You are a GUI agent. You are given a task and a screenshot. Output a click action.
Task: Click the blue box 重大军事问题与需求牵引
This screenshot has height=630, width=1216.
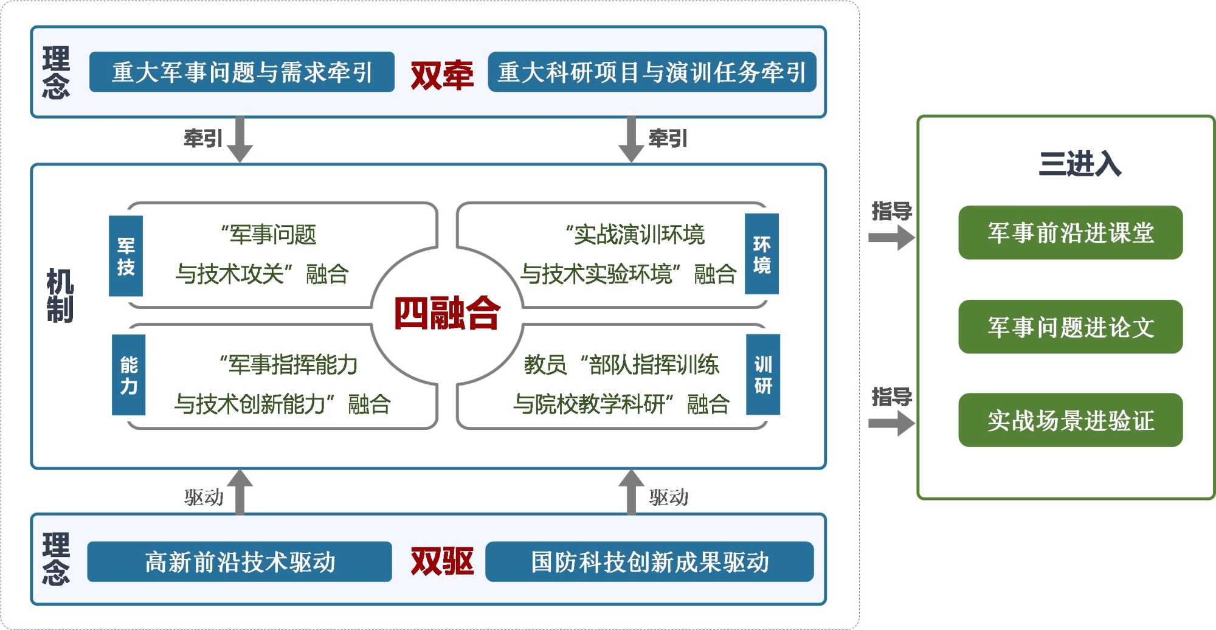(x=241, y=72)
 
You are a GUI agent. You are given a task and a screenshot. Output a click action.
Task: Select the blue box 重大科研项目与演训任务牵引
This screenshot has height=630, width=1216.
(x=652, y=72)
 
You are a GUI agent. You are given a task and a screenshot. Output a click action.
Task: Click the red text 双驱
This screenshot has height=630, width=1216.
(x=442, y=561)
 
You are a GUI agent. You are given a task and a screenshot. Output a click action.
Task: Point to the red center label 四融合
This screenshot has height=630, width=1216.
(x=447, y=314)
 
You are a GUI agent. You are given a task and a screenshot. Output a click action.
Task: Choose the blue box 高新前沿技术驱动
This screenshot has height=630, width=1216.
(x=240, y=562)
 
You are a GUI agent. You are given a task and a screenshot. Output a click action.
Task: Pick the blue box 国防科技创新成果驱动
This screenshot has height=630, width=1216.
(x=649, y=562)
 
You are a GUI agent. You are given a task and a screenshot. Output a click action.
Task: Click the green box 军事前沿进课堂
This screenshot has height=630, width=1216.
(x=1070, y=233)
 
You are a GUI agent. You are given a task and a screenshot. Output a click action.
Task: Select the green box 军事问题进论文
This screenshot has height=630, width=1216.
(x=1070, y=327)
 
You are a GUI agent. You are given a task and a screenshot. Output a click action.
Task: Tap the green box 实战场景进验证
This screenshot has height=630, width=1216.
(x=1070, y=420)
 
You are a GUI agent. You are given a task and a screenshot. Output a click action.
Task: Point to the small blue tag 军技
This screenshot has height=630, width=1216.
(x=126, y=256)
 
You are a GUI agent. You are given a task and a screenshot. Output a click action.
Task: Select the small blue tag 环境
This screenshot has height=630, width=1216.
(x=762, y=254)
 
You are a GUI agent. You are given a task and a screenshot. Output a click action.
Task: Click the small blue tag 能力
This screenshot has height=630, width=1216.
(x=129, y=375)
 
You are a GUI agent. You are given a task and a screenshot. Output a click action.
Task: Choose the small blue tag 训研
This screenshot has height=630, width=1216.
(x=763, y=375)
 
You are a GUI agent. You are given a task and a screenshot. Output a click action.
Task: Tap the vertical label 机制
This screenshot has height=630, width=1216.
(x=60, y=296)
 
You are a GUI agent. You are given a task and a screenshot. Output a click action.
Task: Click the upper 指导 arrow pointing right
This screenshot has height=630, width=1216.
(x=891, y=238)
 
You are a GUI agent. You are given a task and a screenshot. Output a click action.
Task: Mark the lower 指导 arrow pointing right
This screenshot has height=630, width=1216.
(x=891, y=424)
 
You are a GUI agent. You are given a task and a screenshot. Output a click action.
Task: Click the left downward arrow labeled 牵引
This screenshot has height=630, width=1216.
(x=240, y=139)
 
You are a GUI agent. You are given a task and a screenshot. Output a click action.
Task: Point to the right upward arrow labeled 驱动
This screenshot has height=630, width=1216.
(x=631, y=492)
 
